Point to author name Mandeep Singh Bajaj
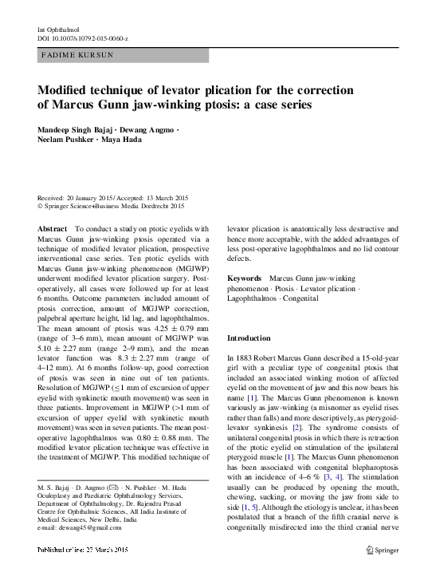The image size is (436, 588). point(77,129)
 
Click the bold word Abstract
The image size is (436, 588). point(53,228)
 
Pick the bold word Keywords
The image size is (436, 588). point(245,278)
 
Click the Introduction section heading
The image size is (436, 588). point(249,338)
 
